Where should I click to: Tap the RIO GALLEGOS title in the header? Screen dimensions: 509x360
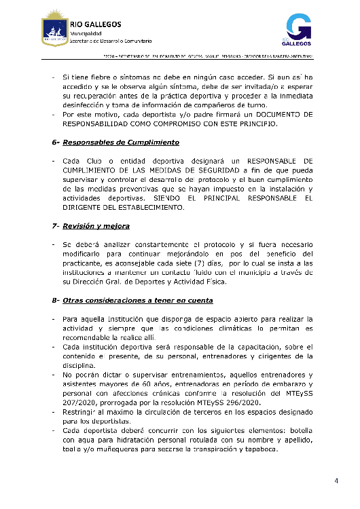pos(95,24)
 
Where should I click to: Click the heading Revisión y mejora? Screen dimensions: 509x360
pos(96,225)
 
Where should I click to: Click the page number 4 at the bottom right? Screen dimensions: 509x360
pos(336,481)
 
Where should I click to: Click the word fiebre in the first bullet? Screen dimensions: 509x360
pos(101,79)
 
